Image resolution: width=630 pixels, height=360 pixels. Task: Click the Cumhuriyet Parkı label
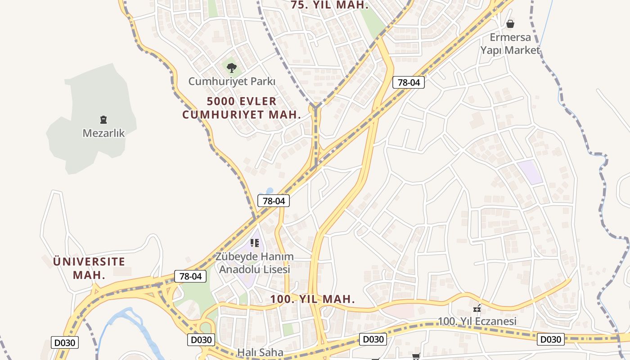coord(232,81)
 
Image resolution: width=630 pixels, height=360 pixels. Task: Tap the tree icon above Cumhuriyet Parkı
coord(232,68)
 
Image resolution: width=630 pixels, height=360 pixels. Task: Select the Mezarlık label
coord(103,133)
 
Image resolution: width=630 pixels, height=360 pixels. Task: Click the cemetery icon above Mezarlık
coord(103,120)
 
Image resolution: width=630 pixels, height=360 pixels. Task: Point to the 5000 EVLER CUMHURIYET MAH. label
coord(242,108)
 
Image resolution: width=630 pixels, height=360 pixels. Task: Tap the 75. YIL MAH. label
coord(330,5)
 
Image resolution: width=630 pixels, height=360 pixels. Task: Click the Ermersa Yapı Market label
coord(510,44)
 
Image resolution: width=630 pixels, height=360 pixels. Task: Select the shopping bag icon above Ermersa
coord(510,23)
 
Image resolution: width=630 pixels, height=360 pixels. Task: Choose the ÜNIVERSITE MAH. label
coord(89,268)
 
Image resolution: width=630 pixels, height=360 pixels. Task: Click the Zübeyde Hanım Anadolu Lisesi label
coord(255,263)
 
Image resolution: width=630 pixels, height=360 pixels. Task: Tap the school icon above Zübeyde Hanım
coord(255,243)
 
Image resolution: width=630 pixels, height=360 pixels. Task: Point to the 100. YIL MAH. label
coord(313,299)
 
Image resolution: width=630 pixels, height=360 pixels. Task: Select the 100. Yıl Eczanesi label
coord(477,322)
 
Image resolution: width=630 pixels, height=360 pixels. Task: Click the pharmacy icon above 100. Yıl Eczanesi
coord(477,309)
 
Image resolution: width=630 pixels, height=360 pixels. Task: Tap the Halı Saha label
coord(261,352)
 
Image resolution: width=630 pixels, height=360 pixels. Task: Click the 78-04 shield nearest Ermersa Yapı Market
coord(408,82)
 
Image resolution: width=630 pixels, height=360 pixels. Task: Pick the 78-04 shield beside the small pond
coord(274,201)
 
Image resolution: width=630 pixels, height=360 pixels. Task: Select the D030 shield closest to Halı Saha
coord(201,339)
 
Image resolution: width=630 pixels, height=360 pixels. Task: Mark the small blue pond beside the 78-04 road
coord(269,191)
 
